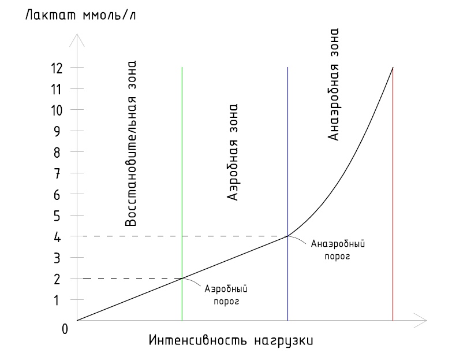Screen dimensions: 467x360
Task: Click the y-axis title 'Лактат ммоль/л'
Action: click(x=80, y=15)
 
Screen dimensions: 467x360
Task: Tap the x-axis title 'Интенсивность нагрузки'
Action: click(x=231, y=340)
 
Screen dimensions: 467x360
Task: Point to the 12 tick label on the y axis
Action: click(x=57, y=68)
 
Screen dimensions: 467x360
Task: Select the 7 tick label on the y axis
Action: click(x=57, y=173)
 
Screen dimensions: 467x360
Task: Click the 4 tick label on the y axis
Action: click(x=57, y=237)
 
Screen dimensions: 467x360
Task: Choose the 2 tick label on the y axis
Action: click(x=57, y=280)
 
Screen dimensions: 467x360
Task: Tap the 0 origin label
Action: click(x=65, y=329)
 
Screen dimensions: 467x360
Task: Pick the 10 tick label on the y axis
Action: click(x=57, y=110)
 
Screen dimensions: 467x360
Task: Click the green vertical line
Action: click(x=182, y=194)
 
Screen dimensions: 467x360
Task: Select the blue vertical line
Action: click(x=287, y=194)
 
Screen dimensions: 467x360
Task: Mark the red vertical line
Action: click(x=393, y=194)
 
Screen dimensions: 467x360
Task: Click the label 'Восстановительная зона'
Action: click(x=130, y=144)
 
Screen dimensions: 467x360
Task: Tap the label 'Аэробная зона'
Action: click(x=232, y=152)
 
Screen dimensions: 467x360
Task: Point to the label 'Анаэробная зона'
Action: click(x=333, y=84)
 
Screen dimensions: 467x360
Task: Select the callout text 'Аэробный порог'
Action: click(x=226, y=295)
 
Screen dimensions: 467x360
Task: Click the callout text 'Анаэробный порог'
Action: click(x=338, y=250)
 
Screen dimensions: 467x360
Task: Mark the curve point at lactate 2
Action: click(x=182, y=279)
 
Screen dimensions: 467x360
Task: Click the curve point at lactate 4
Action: click(x=287, y=236)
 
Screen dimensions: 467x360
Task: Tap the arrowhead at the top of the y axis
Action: click(x=77, y=40)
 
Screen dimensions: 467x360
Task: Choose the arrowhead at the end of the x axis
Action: click(x=420, y=321)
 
